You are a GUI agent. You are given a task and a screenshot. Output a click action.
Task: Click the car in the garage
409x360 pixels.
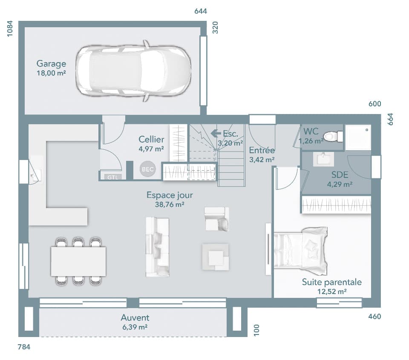[x=133, y=71]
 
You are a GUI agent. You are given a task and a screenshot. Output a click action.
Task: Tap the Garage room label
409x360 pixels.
[x=51, y=64]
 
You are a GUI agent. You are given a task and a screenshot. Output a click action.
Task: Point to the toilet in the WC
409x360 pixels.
[x=333, y=137]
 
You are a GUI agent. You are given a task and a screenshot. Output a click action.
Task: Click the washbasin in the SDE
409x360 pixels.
[x=324, y=159]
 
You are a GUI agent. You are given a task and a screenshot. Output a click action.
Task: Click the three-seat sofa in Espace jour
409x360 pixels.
[x=157, y=247]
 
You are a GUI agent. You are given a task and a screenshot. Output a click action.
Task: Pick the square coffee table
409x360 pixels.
[x=215, y=257]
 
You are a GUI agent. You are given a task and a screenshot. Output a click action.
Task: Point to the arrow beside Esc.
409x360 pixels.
[x=215, y=134]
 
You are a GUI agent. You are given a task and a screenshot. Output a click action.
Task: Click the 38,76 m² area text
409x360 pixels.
[x=170, y=205]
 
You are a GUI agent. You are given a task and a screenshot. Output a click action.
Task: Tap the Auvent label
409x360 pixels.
[x=135, y=318]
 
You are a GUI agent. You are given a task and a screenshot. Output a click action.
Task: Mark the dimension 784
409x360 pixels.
[x=24, y=347]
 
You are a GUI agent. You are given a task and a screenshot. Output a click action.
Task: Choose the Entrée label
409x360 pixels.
[x=262, y=150]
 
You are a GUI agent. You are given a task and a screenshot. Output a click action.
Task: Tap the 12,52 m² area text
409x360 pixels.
[x=332, y=291]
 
